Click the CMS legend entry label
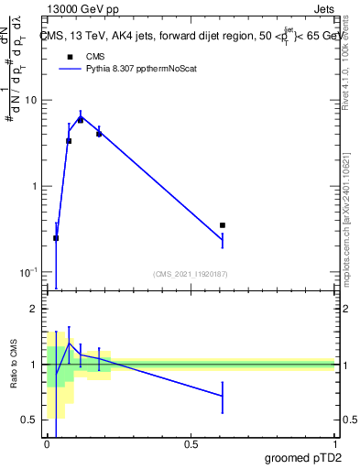point(82,56)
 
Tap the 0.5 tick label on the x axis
point(191,443)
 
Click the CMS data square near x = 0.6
point(223,224)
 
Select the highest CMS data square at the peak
point(81,120)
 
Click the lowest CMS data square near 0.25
point(56,238)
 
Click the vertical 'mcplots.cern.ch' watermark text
point(345,220)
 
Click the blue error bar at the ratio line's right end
point(223,396)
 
